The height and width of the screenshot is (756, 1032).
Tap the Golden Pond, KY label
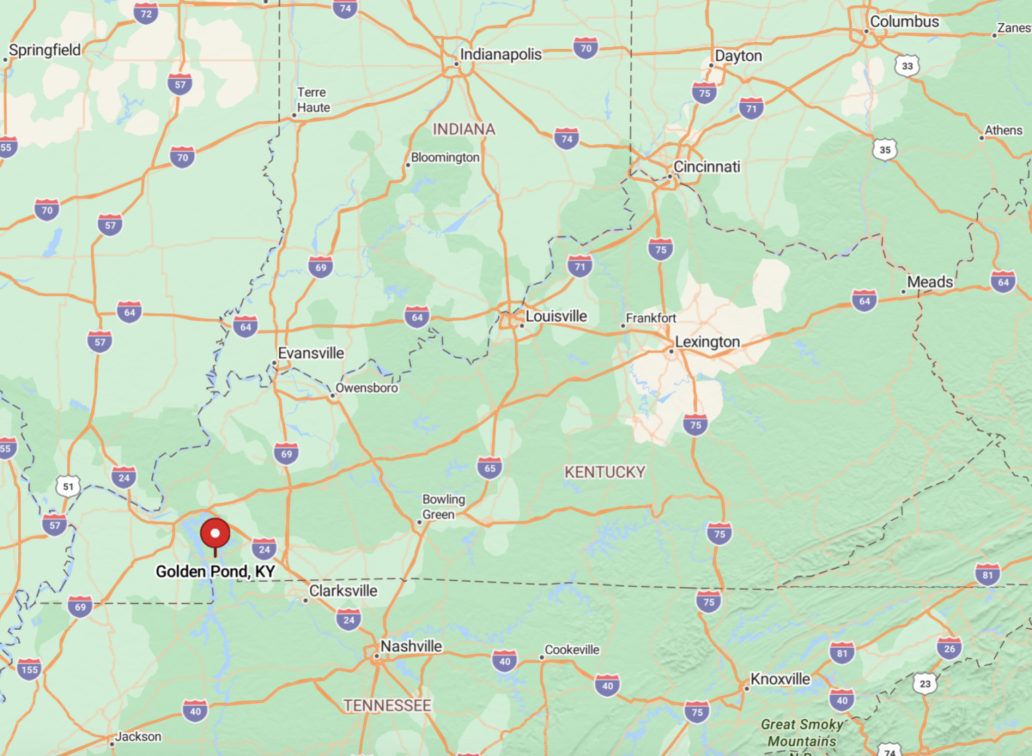tap(215, 572)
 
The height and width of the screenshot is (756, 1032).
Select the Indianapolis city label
tap(501, 54)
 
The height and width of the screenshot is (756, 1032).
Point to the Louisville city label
tap(556, 317)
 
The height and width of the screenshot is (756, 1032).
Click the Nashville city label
tap(411, 646)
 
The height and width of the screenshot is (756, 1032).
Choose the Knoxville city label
tap(780, 679)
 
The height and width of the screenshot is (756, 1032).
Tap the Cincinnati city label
tap(707, 167)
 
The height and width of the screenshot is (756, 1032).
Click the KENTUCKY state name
tap(605, 472)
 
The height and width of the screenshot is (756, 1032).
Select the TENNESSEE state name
tap(388, 706)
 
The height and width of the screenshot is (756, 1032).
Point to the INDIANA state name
tap(464, 129)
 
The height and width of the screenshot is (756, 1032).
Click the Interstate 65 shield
tap(490, 468)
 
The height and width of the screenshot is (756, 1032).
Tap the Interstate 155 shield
tap(30, 669)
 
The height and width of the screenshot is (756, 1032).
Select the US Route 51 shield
tap(68, 487)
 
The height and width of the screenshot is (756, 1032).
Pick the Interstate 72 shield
tap(146, 13)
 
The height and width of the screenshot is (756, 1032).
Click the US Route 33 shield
tap(907, 66)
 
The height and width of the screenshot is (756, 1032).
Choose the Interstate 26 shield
tap(949, 648)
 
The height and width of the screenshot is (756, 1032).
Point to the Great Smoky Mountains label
tap(802, 733)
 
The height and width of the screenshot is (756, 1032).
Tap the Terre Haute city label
tap(313, 99)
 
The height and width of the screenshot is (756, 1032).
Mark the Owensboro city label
tap(367, 388)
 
